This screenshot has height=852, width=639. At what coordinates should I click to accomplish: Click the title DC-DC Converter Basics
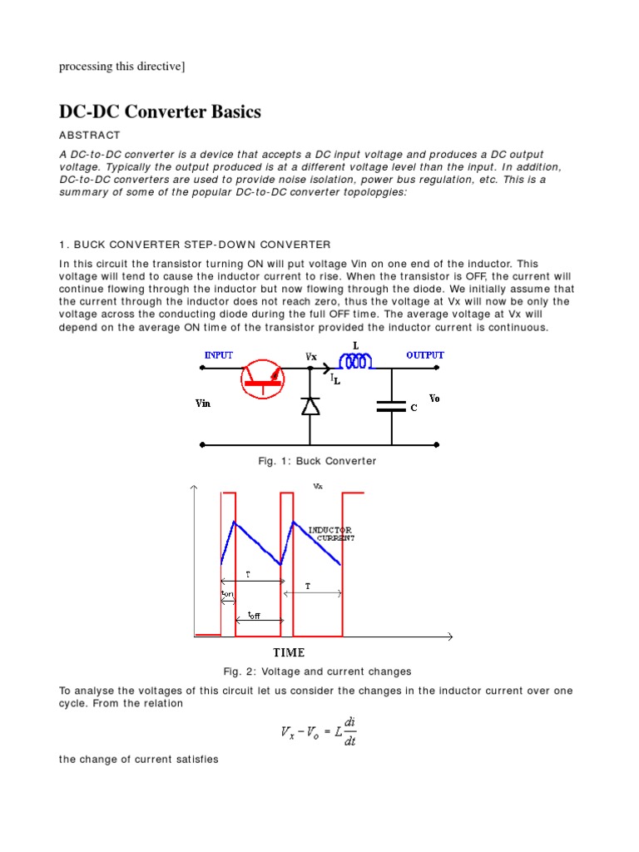(x=160, y=111)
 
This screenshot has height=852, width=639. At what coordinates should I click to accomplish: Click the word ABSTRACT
(x=90, y=135)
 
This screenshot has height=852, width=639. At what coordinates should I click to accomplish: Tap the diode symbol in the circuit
(x=310, y=405)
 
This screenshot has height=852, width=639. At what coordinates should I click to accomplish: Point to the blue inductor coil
(x=355, y=362)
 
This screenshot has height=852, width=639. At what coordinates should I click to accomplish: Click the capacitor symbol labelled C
(x=391, y=407)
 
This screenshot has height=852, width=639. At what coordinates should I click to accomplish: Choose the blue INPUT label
(x=219, y=355)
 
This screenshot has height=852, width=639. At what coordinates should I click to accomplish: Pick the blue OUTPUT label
(x=425, y=355)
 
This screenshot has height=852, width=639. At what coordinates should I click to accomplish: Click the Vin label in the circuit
(x=203, y=404)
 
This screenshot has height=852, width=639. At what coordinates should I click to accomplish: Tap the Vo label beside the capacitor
(x=434, y=399)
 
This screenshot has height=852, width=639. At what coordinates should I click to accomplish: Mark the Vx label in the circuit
(x=311, y=356)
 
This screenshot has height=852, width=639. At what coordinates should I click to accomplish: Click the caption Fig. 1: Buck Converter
(x=319, y=461)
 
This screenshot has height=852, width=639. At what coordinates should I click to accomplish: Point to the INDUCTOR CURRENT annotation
(x=331, y=533)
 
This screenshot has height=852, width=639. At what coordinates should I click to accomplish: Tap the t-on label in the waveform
(x=227, y=594)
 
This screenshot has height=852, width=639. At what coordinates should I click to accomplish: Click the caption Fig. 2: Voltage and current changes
(x=317, y=671)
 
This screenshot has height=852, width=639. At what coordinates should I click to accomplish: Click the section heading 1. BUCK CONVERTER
(x=195, y=244)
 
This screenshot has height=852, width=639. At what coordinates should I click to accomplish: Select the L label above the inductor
(x=355, y=344)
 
